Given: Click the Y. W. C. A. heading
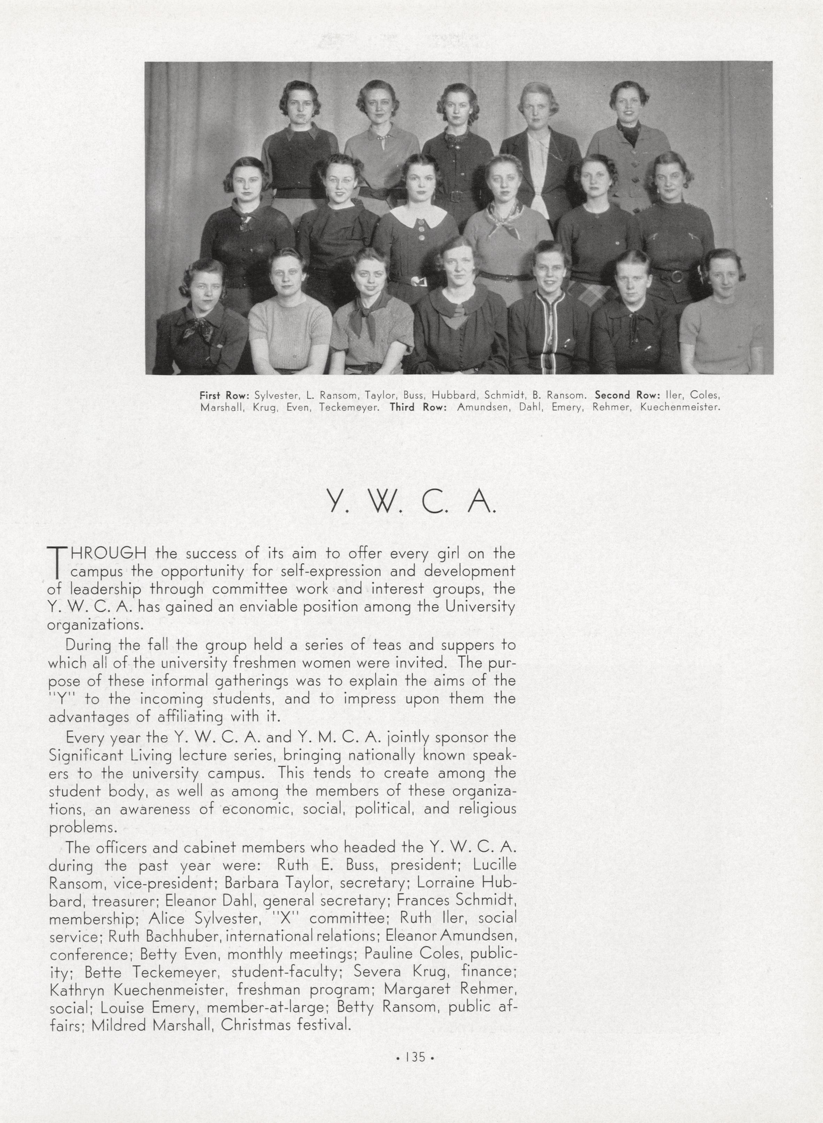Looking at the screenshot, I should point(411,502).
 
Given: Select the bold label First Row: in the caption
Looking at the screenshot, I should point(224,395).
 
